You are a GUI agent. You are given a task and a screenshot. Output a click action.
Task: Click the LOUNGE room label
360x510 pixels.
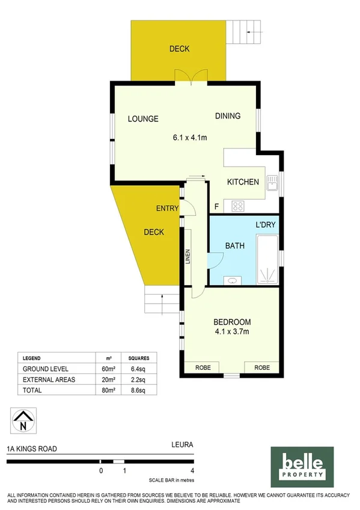pos(143,119)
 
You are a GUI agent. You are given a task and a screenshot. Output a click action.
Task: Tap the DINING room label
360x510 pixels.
pos(228,116)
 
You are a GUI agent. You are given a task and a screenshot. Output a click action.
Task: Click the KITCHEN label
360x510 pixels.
pos(243,182)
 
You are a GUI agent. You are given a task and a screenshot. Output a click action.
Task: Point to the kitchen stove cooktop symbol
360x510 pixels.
pos(237,206)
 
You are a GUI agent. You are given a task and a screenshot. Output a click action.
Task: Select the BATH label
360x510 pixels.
pos(234,246)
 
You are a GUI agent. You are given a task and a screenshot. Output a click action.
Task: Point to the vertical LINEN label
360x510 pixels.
pos(188,257)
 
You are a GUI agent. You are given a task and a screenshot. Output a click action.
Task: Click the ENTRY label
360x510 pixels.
pos(167,209)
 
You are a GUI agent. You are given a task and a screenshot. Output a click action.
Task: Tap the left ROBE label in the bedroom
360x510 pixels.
pos(203,367)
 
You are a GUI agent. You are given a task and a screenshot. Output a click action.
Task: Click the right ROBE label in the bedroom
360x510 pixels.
pos(261,367)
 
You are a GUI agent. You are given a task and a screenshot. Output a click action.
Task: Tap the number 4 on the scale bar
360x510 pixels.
pos(192,471)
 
